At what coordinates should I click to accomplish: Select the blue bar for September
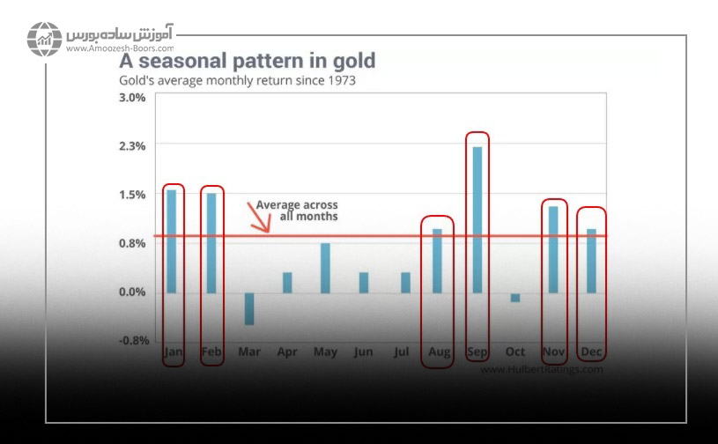pos(477,219)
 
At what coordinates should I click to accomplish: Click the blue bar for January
pos(172,241)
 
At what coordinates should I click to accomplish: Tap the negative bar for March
pos(248,308)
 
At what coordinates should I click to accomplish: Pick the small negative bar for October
pos(515,298)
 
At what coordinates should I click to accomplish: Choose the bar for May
pos(325,268)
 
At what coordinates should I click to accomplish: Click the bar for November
pos(553,249)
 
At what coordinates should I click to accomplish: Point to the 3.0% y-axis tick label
pos(132,97)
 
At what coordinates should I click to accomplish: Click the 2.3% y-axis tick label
pos(132,145)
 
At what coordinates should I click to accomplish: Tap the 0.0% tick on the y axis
pos(132,292)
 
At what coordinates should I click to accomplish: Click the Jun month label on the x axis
pos(363,353)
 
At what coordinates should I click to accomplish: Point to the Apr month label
pos(287,353)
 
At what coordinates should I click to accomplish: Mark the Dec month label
pos(591,353)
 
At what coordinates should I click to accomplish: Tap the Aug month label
pos(439,353)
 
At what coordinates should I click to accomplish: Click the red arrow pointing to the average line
pos(259,217)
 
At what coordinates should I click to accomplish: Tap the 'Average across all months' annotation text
pos(297,211)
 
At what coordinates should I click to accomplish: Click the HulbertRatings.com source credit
pos(542,370)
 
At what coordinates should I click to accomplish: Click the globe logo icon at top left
pos(42,38)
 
